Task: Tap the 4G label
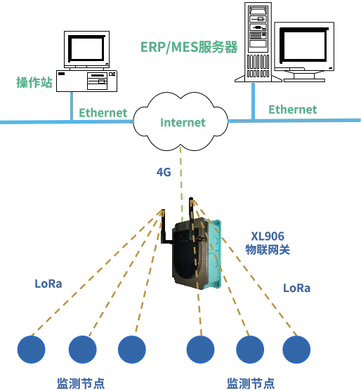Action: point(164,172)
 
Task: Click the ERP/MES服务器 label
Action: point(189,47)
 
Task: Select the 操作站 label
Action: point(34,82)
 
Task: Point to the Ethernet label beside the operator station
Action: point(103,113)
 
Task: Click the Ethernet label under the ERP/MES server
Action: point(293,110)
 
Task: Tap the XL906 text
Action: point(268,236)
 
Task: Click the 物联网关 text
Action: point(268,249)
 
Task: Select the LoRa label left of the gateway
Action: point(48,284)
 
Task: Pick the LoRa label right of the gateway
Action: point(296,288)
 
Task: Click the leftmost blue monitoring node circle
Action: point(31,350)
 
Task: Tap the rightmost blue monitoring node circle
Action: point(296,350)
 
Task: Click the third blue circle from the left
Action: point(132,350)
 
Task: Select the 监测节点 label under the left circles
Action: point(81,383)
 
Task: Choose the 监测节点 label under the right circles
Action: point(251,383)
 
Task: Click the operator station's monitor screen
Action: point(86,48)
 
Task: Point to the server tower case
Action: point(258,42)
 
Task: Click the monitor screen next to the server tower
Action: point(304,45)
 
